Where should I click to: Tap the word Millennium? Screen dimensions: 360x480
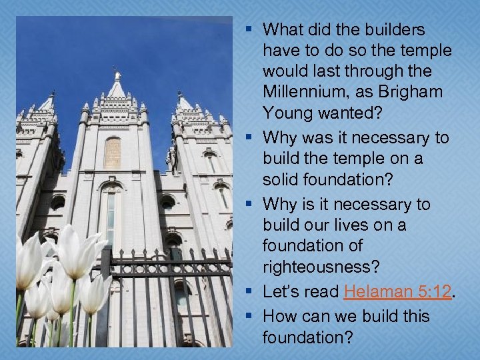300,91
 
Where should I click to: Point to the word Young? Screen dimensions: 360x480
287,112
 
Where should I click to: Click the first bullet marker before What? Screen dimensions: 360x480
249,30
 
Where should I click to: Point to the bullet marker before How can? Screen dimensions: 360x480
249,315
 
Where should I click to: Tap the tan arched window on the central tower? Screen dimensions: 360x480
112,152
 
